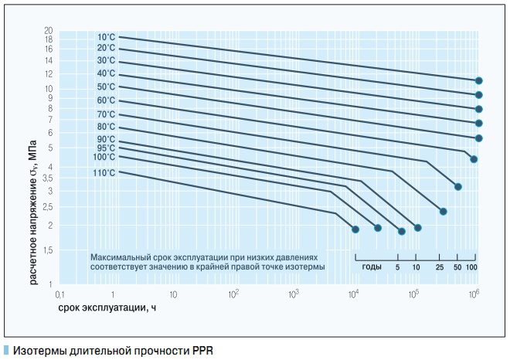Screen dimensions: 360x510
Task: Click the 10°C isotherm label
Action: coord(107,36)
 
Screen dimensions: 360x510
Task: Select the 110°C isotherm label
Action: coord(104,172)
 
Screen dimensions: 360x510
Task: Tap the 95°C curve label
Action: coord(107,148)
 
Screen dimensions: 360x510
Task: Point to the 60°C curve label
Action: coord(107,100)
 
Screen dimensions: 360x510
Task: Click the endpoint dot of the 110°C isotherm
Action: coord(355,229)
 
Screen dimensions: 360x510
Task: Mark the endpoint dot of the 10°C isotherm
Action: coord(479,80)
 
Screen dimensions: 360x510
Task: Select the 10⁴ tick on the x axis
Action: coord(354,294)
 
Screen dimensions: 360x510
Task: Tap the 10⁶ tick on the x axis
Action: coord(474,294)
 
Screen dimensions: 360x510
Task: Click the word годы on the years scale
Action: coord(371,267)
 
